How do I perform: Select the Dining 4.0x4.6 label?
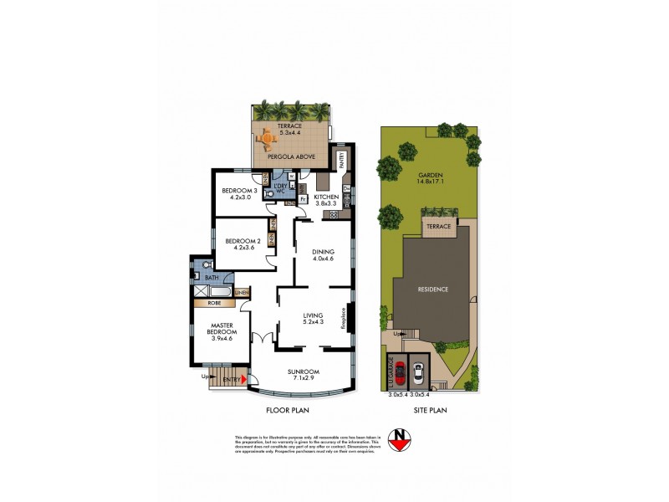[x=323, y=255]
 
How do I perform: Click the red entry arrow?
[x=243, y=381]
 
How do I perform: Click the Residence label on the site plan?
[x=433, y=289]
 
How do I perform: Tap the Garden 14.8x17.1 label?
[x=428, y=179]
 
